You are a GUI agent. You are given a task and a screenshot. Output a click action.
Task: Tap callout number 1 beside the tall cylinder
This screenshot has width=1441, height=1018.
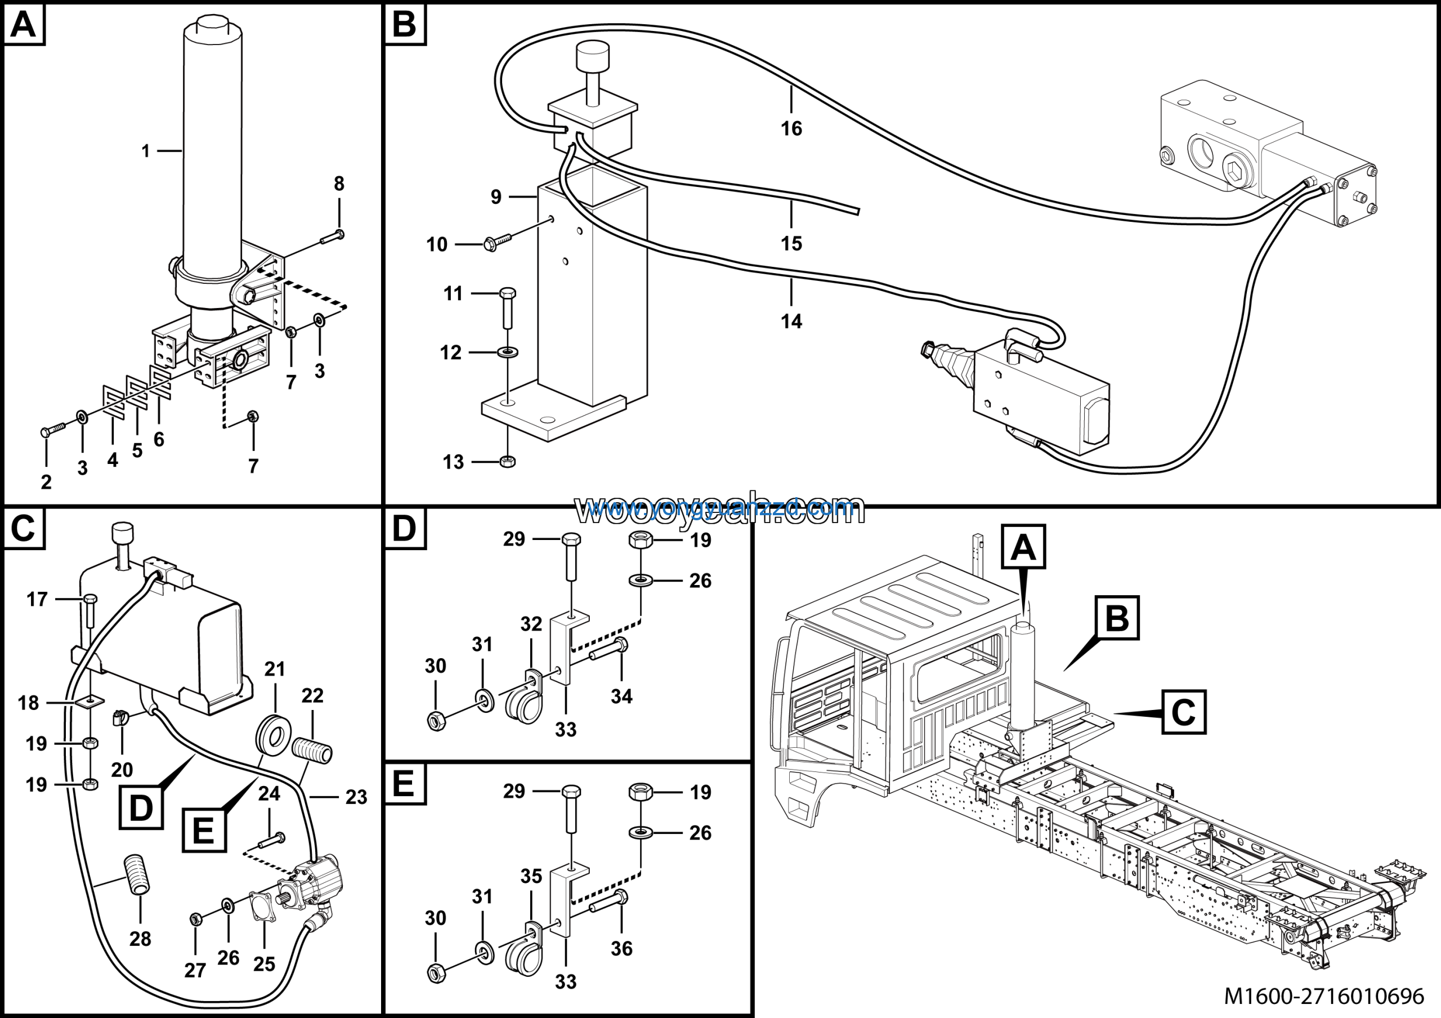[x=146, y=151]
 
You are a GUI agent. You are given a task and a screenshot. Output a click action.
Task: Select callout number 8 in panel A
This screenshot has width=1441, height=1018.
[x=339, y=184]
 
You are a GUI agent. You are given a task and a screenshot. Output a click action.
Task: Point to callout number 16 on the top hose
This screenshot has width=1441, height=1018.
[x=791, y=129]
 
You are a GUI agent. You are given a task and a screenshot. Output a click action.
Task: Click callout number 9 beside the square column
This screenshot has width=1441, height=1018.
[x=496, y=197]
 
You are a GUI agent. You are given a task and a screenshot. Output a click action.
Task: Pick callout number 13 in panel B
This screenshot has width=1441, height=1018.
[x=453, y=462]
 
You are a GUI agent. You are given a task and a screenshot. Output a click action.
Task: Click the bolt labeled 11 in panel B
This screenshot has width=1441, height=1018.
[x=508, y=307]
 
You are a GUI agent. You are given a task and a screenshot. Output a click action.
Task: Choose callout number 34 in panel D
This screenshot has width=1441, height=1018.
[x=621, y=696]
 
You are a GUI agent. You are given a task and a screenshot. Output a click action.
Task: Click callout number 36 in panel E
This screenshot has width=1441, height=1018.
[x=621, y=948]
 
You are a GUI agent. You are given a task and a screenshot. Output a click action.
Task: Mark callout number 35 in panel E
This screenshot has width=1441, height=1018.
[x=531, y=876]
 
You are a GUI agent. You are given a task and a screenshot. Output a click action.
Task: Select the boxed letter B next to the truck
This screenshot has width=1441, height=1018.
[x=1117, y=618]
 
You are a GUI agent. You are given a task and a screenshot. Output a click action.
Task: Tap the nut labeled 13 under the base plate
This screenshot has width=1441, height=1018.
[x=508, y=462]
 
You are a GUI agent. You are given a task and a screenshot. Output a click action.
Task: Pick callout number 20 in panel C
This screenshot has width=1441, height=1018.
[x=122, y=770]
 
